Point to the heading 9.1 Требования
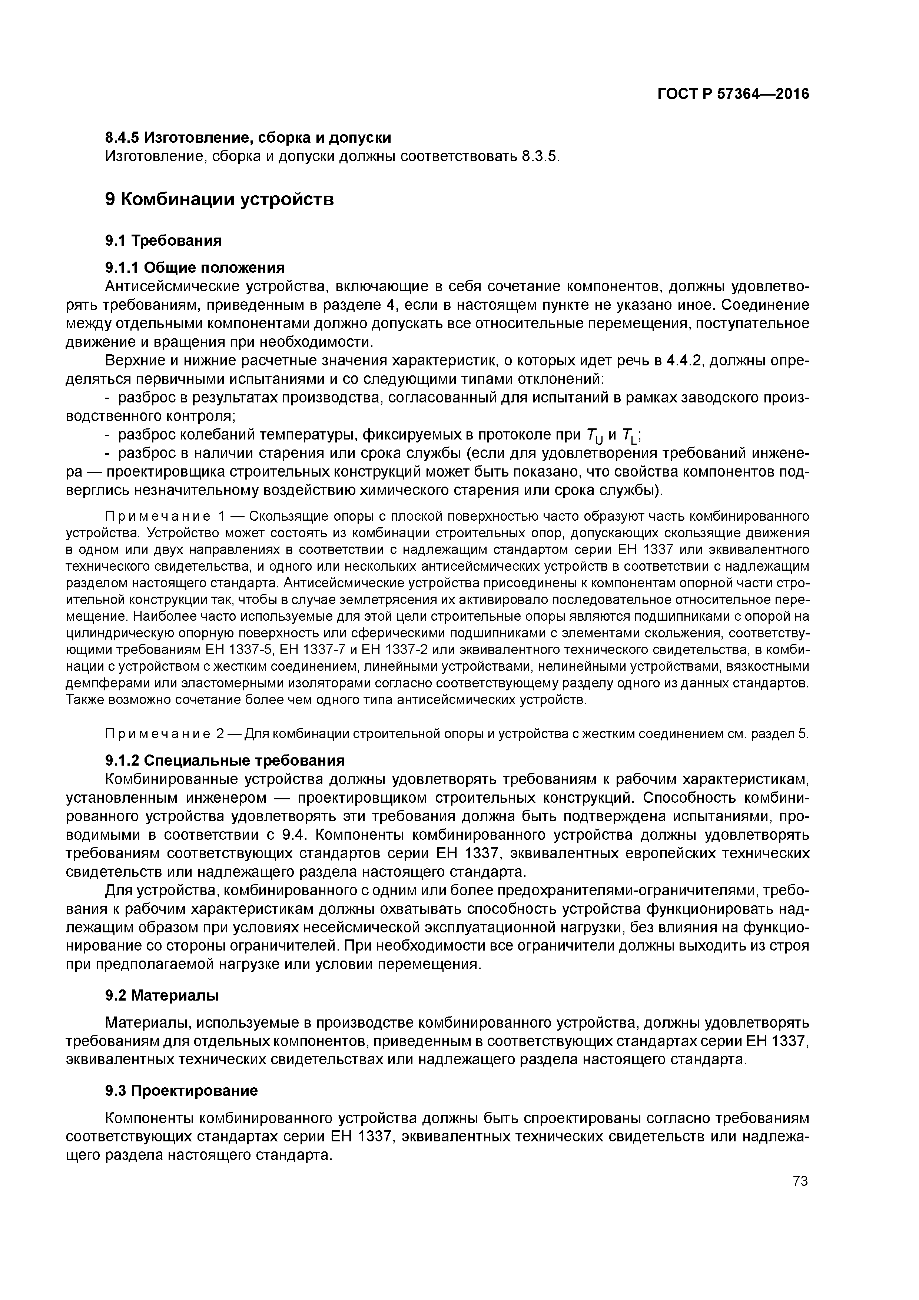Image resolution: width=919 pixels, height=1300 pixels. (x=163, y=241)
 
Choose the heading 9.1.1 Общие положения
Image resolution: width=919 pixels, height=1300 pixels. (x=195, y=267)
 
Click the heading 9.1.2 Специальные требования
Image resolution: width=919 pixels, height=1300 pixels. (x=225, y=759)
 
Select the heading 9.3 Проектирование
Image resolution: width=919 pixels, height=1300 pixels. (x=181, y=1091)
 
